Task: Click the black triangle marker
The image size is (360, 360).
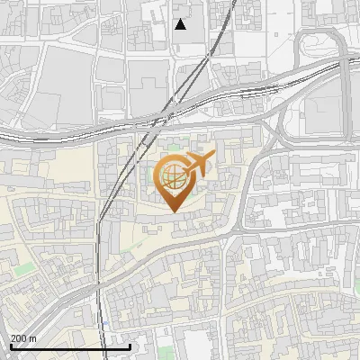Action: (181, 24)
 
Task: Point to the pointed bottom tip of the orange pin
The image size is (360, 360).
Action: (172, 211)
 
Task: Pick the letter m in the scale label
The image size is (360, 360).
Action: (33, 338)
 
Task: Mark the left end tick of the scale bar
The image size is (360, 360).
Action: (10, 346)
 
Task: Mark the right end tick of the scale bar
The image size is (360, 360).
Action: (130, 346)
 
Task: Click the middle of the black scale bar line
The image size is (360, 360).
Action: (70, 346)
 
